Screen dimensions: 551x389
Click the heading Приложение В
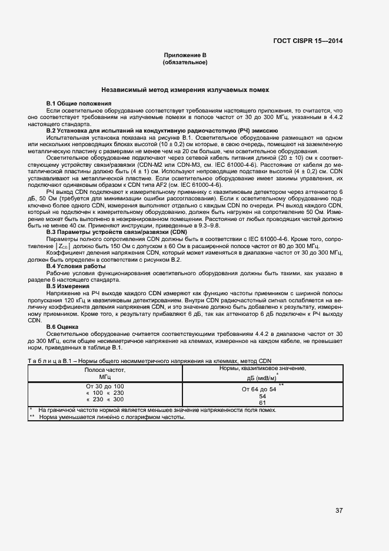coord(185,55)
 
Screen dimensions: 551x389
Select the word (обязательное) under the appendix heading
coord(185,62)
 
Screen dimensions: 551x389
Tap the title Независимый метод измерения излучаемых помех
coord(185,90)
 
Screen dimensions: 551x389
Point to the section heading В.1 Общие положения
coord(79,104)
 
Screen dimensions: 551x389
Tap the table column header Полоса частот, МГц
coord(105,372)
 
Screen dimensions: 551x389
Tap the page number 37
coord(338,510)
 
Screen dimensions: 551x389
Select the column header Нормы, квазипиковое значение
coord(262,368)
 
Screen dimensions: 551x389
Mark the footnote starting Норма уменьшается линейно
coord(112,417)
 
